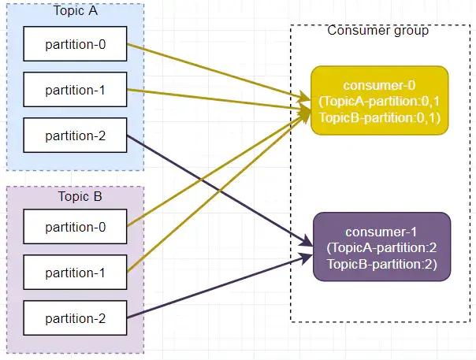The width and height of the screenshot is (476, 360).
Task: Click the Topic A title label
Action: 75,10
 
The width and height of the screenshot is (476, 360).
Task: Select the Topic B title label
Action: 75,196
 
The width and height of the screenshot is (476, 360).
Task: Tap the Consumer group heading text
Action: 377,31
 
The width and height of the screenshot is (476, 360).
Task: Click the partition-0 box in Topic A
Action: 75,44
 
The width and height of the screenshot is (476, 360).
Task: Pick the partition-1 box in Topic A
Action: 75,90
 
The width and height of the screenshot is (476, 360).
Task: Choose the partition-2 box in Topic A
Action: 75,135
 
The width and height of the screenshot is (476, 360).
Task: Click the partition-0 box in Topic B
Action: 75,228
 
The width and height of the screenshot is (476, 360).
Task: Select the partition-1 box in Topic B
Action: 75,273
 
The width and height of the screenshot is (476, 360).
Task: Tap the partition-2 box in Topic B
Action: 75,319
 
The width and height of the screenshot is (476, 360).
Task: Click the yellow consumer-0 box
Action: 380,101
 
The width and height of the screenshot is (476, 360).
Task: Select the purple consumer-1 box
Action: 381,247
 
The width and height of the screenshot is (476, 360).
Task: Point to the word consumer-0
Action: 380,85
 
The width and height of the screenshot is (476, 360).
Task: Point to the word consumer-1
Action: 381,232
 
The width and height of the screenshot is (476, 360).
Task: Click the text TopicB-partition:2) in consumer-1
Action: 381,263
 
